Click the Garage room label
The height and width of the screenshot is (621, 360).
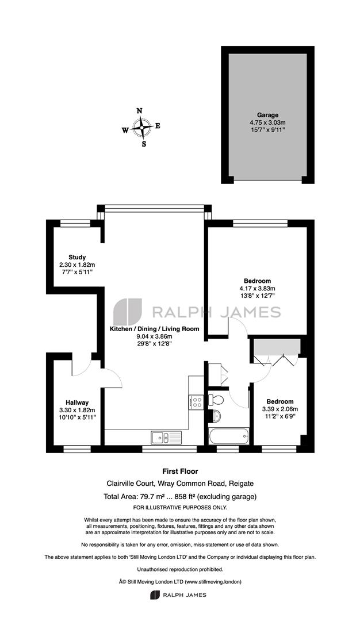[267, 115]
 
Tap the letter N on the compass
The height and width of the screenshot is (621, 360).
[139, 112]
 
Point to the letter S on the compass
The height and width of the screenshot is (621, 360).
[144, 144]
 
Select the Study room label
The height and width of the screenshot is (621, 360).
[77, 257]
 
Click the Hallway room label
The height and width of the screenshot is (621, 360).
[77, 402]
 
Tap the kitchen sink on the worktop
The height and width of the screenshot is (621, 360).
[166, 437]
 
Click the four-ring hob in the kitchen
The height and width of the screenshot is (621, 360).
[197, 402]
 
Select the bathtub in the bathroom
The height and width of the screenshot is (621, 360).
[229, 436]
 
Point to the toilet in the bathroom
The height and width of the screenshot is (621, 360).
[216, 400]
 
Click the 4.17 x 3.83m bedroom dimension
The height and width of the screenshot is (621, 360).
[258, 288]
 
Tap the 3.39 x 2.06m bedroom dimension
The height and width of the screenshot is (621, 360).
[280, 409]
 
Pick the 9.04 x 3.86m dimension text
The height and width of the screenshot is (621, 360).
[155, 336]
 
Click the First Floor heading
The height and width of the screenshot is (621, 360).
[180, 471]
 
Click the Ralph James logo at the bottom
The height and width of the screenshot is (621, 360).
[178, 595]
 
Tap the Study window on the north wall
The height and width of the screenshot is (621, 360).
[75, 223]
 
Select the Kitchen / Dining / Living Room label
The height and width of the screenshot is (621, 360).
[155, 329]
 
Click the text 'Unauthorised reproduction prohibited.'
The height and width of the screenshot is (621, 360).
[180, 569]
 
